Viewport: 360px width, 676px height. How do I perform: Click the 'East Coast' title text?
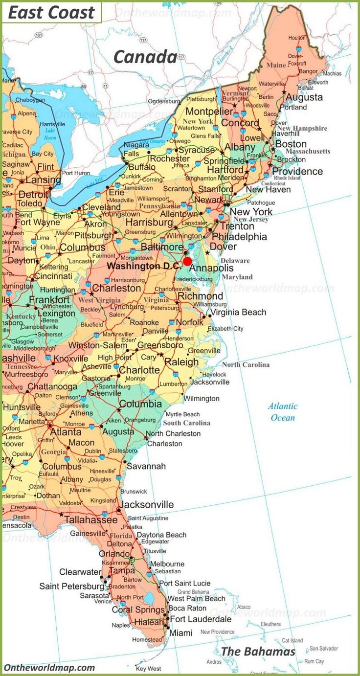(x=51, y=13)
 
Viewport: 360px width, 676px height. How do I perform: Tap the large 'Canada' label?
(x=145, y=57)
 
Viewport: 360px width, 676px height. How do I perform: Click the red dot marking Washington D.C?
(x=187, y=261)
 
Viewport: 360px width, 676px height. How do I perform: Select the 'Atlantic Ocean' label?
(x=283, y=412)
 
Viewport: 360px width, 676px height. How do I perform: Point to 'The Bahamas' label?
(x=258, y=651)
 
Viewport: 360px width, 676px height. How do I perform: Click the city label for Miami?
(x=180, y=632)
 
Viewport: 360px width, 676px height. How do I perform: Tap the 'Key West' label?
(x=148, y=668)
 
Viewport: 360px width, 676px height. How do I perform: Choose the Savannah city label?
(x=146, y=466)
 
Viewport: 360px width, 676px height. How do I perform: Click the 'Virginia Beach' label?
(x=238, y=312)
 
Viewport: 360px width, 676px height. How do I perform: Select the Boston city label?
(x=291, y=144)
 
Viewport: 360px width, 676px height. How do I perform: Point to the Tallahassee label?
(x=91, y=519)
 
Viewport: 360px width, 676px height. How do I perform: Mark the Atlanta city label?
(x=66, y=432)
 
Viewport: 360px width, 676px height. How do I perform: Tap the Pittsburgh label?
(x=93, y=235)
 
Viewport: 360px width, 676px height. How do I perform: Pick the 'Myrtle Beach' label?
(x=183, y=414)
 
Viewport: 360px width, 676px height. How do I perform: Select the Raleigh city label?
(x=181, y=362)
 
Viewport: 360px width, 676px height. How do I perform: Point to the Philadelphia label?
(x=240, y=237)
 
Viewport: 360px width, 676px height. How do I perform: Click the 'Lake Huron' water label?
(x=50, y=134)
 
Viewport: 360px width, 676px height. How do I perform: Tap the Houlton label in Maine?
(x=297, y=38)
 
